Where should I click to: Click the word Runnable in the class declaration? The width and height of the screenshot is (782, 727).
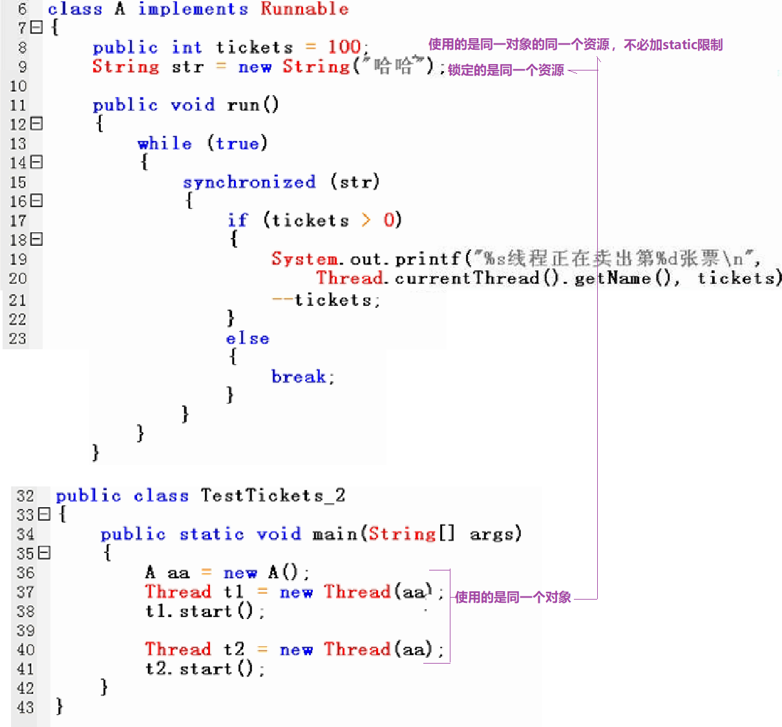click(x=304, y=9)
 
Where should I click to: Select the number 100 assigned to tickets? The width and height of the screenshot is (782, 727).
click(x=344, y=47)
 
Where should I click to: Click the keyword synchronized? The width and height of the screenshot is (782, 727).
click(x=249, y=182)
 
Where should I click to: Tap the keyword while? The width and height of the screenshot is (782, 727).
click(x=165, y=144)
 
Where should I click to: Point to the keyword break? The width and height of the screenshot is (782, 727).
click(x=299, y=377)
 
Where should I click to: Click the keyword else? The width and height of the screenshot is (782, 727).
click(x=248, y=338)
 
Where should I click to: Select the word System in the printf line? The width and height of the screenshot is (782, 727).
click(x=304, y=259)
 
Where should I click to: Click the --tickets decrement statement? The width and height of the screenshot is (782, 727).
click(x=326, y=300)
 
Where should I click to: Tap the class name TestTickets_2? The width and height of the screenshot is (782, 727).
click(x=273, y=496)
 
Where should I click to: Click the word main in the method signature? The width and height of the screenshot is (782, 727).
click(x=335, y=534)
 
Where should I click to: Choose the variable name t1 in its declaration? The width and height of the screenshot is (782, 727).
click(x=233, y=592)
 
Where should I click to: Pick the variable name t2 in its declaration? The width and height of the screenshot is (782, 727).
click(x=234, y=649)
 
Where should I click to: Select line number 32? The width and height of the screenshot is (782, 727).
click(x=25, y=496)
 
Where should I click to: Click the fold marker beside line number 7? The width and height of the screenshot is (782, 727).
click(x=37, y=27)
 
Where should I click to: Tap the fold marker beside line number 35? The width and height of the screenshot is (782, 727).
click(x=44, y=553)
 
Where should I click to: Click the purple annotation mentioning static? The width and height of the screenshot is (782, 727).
click(x=575, y=45)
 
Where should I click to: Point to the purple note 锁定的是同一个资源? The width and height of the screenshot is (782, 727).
click(x=506, y=70)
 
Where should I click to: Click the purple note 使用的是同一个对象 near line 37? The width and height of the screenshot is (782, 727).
click(x=513, y=597)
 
